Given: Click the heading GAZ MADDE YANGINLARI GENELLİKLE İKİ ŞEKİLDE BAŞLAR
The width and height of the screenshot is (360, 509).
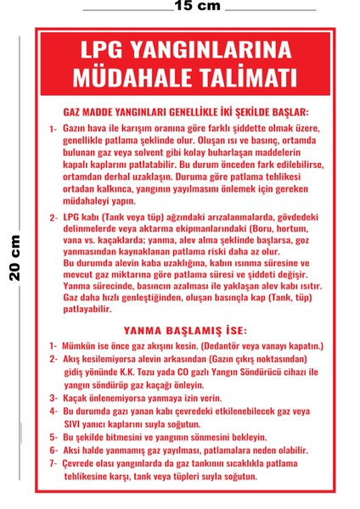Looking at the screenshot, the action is pos(186,113).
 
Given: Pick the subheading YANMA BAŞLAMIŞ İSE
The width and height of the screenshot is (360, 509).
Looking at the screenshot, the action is pos(185,332).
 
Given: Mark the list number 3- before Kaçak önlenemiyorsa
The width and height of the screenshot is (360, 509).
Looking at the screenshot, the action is pos(54,397).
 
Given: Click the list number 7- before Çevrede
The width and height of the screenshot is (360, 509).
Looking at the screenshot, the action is pos(54,463).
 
